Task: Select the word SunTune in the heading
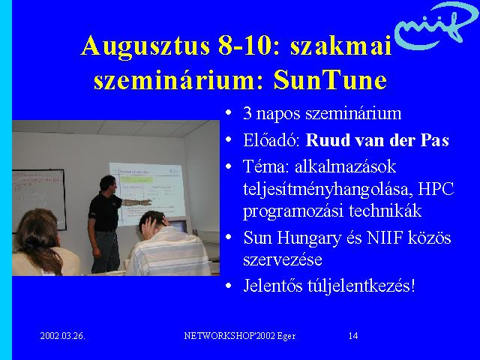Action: [330, 80]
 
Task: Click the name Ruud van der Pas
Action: [377, 141]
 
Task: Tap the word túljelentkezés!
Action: [361, 286]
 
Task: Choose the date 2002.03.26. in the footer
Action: [63, 336]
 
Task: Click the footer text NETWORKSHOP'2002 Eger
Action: [240, 336]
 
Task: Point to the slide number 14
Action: [353, 336]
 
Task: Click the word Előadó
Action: [271, 140]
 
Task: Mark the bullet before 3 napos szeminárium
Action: [228, 112]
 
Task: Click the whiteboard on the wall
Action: [39, 200]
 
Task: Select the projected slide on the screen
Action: [148, 193]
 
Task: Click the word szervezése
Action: [283, 260]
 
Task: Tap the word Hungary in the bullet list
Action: [308, 238]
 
